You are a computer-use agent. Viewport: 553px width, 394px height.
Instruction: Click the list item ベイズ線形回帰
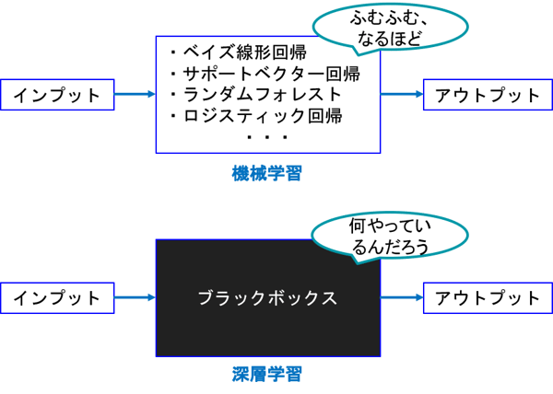244,52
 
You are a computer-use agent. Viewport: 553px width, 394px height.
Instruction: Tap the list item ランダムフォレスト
262,94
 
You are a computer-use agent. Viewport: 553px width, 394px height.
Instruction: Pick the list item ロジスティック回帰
263,116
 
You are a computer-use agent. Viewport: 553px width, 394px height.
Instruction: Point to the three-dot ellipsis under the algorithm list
267,138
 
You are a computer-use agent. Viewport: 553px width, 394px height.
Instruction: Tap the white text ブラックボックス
267,298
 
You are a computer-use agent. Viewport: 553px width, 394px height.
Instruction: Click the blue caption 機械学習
267,173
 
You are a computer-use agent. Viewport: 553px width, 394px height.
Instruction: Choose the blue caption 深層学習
267,375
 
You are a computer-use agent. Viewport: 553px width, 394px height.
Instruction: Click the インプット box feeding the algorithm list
57,94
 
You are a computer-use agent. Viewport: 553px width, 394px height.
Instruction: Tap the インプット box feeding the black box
57,298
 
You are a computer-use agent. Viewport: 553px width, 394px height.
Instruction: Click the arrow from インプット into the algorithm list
135,94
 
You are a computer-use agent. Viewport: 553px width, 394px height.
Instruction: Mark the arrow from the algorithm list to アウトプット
402,94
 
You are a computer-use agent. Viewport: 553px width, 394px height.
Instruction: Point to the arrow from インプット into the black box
135,298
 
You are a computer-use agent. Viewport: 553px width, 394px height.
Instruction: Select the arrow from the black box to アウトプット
402,298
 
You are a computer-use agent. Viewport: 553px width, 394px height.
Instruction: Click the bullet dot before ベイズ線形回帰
173,52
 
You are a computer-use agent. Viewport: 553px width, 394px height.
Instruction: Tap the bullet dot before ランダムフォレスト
173,94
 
